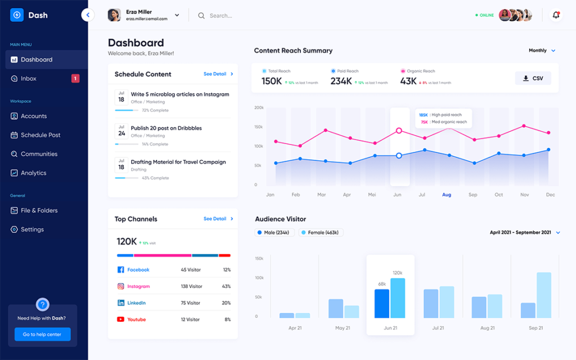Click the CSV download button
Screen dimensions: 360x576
tap(533, 78)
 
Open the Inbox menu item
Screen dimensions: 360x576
tap(29, 79)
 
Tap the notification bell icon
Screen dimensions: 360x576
tap(556, 15)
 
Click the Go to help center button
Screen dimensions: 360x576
tap(43, 334)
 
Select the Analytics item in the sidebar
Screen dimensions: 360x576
tap(33, 173)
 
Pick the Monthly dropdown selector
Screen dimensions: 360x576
tap(542, 51)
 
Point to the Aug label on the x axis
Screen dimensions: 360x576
tap(447, 195)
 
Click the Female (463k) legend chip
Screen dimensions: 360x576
tap(320, 232)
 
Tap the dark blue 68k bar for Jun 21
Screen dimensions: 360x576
tap(381, 304)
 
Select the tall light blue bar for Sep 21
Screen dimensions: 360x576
tap(543, 295)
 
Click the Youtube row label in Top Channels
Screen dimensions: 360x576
tap(136, 319)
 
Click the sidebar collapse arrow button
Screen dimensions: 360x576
tap(88, 15)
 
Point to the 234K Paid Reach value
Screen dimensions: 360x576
tap(341, 82)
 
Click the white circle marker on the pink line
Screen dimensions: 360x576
tap(399, 130)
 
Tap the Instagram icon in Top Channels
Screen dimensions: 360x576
tap(120, 286)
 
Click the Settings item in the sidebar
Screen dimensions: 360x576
tap(32, 229)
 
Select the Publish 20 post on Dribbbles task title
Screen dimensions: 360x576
tap(166, 128)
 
